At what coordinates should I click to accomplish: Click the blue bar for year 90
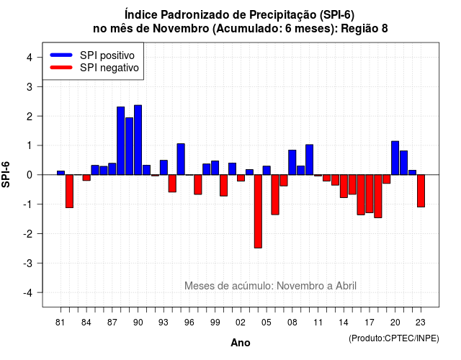click(x=138, y=140)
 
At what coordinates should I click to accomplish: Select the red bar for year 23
click(x=421, y=191)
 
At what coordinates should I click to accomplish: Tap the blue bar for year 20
click(x=395, y=158)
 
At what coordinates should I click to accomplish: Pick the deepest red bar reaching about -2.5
click(x=258, y=211)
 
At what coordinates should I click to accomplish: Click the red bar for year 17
click(x=370, y=194)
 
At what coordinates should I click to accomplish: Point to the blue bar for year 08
click(x=292, y=163)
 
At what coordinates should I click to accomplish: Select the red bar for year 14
click(x=344, y=186)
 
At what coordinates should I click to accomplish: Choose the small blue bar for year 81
click(x=61, y=173)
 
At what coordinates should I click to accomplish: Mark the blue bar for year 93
click(x=164, y=168)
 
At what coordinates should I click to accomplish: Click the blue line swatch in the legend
click(x=61, y=55)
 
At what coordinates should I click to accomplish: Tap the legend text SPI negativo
click(x=109, y=68)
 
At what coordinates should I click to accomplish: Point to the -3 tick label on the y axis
click(x=29, y=264)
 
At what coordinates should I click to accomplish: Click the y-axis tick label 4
click(x=30, y=58)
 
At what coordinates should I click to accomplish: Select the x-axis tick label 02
click(x=241, y=323)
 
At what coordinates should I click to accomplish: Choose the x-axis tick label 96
click(x=189, y=323)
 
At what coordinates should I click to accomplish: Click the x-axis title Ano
click(x=241, y=343)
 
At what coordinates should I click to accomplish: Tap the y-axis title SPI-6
click(x=6, y=174)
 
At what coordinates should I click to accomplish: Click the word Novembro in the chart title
click(x=181, y=29)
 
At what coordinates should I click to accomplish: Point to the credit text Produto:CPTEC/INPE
click(x=394, y=338)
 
